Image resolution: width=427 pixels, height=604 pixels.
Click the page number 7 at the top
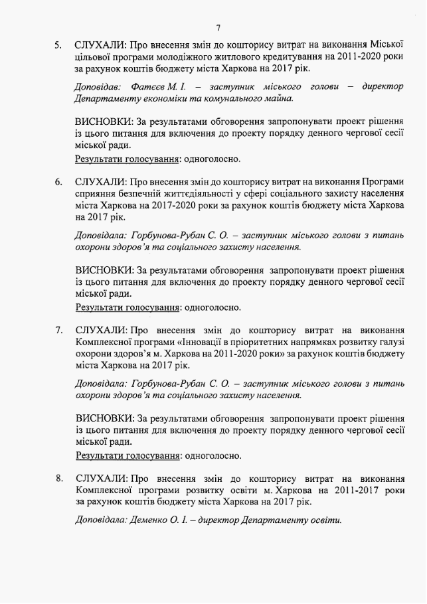point(217,27)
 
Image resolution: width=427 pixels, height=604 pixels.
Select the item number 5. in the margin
point(59,46)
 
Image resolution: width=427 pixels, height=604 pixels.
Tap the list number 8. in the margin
point(59,478)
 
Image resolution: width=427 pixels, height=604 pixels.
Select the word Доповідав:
point(97,87)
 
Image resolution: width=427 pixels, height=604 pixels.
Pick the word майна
point(278,98)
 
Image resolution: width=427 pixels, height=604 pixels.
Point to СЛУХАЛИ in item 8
point(100,478)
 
